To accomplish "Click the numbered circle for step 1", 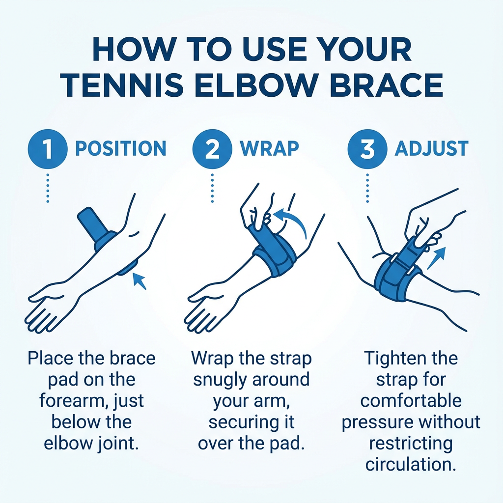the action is (x=48, y=149).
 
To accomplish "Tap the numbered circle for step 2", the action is (x=212, y=149).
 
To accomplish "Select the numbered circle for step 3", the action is (x=367, y=149).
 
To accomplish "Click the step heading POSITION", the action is (x=121, y=148).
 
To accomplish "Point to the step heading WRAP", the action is (x=269, y=148).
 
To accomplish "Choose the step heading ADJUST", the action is (x=431, y=148).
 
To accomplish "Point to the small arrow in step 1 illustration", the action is (x=140, y=281).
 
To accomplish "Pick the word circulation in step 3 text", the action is (x=411, y=465).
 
